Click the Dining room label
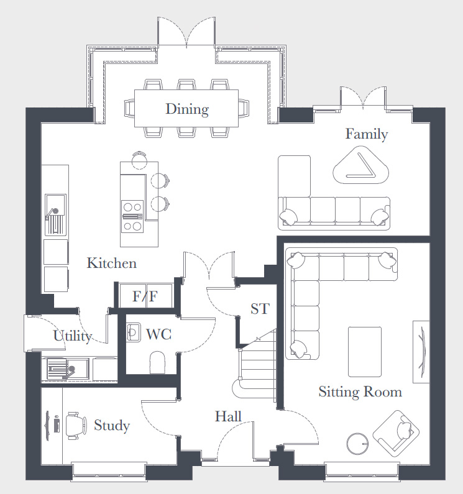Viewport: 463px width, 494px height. point(187,109)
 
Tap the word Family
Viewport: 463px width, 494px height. point(367,134)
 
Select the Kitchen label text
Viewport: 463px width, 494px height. point(112,263)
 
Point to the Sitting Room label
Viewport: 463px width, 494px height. point(360,392)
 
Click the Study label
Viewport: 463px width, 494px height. point(112,426)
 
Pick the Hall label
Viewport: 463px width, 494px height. point(228,416)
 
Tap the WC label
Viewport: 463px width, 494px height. point(159,334)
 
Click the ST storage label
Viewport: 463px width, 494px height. point(260,309)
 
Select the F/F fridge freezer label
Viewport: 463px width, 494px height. point(145,296)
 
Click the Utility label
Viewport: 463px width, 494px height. point(73,336)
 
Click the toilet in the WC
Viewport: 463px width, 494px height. point(157,363)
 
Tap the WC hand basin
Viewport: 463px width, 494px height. point(134,332)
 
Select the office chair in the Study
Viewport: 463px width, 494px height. point(76,425)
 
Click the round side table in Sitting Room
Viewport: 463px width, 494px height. point(357,443)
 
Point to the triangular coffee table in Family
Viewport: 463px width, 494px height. point(361,165)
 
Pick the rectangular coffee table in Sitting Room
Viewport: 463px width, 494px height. point(365,352)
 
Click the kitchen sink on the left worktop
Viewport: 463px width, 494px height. point(55,214)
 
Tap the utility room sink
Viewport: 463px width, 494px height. point(66,368)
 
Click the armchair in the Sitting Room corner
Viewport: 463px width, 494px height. point(396,434)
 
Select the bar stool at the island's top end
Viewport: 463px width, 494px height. point(139,161)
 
